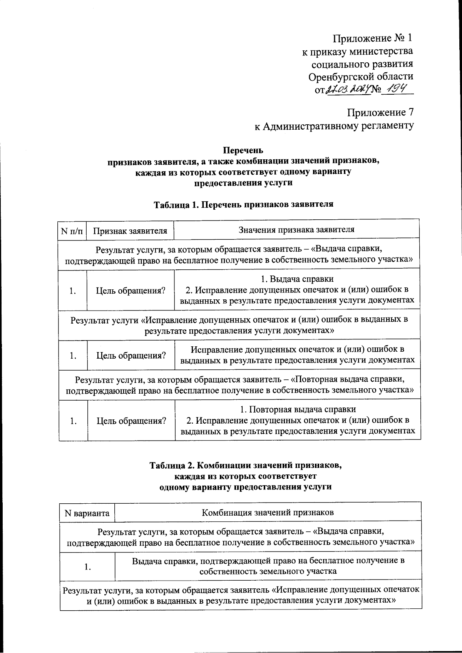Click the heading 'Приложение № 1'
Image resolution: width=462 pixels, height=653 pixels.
[372, 38]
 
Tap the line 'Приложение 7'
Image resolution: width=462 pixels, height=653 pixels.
[380, 112]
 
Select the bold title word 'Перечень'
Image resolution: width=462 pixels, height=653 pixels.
[243, 150]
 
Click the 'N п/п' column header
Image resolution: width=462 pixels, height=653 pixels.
[72, 230]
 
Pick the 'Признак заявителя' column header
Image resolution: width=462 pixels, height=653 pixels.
[130, 230]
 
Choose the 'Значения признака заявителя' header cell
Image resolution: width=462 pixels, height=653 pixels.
[296, 230]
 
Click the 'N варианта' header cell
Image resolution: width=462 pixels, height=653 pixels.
[87, 513]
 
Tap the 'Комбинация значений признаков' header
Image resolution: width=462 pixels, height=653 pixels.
[268, 512]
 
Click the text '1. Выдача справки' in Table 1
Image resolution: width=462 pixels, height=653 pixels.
[295, 279]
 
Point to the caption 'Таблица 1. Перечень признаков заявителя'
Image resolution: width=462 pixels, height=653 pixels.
[243, 204]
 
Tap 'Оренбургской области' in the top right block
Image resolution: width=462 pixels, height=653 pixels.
[361, 76]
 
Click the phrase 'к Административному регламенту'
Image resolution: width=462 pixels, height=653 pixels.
[334, 126]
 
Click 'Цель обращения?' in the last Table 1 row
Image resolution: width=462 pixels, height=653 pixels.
[131, 421]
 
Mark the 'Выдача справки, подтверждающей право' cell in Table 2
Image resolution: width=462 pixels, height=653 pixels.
[268, 566]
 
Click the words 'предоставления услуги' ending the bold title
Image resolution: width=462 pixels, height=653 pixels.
[243, 183]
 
